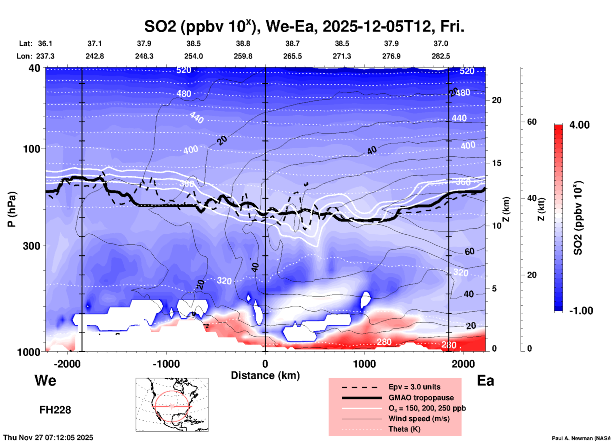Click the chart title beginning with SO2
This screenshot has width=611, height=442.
tap(304, 27)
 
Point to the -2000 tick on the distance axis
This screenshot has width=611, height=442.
tap(67, 364)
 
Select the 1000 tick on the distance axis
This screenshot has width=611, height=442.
tap(364, 364)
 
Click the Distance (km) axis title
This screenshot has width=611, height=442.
tap(265, 375)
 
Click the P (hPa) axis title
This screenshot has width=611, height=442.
tap(11, 209)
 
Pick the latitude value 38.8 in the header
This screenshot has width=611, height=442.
tap(243, 43)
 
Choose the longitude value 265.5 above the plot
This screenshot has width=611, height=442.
tap(292, 56)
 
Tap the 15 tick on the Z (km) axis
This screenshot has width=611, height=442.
tap(496, 163)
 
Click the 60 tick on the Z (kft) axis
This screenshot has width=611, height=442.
tap(532, 122)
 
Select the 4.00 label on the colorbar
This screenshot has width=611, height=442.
tap(579, 125)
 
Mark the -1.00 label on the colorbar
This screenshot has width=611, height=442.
tap(581, 311)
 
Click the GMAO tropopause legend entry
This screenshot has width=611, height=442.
tap(421, 398)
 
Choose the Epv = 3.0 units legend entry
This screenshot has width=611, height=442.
tap(414, 387)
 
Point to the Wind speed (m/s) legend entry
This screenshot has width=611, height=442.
tap(419, 419)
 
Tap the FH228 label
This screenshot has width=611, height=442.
tap(55, 410)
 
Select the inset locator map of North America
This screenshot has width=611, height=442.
tap(172, 405)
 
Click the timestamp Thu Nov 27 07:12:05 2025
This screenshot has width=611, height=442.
tap(48, 438)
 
